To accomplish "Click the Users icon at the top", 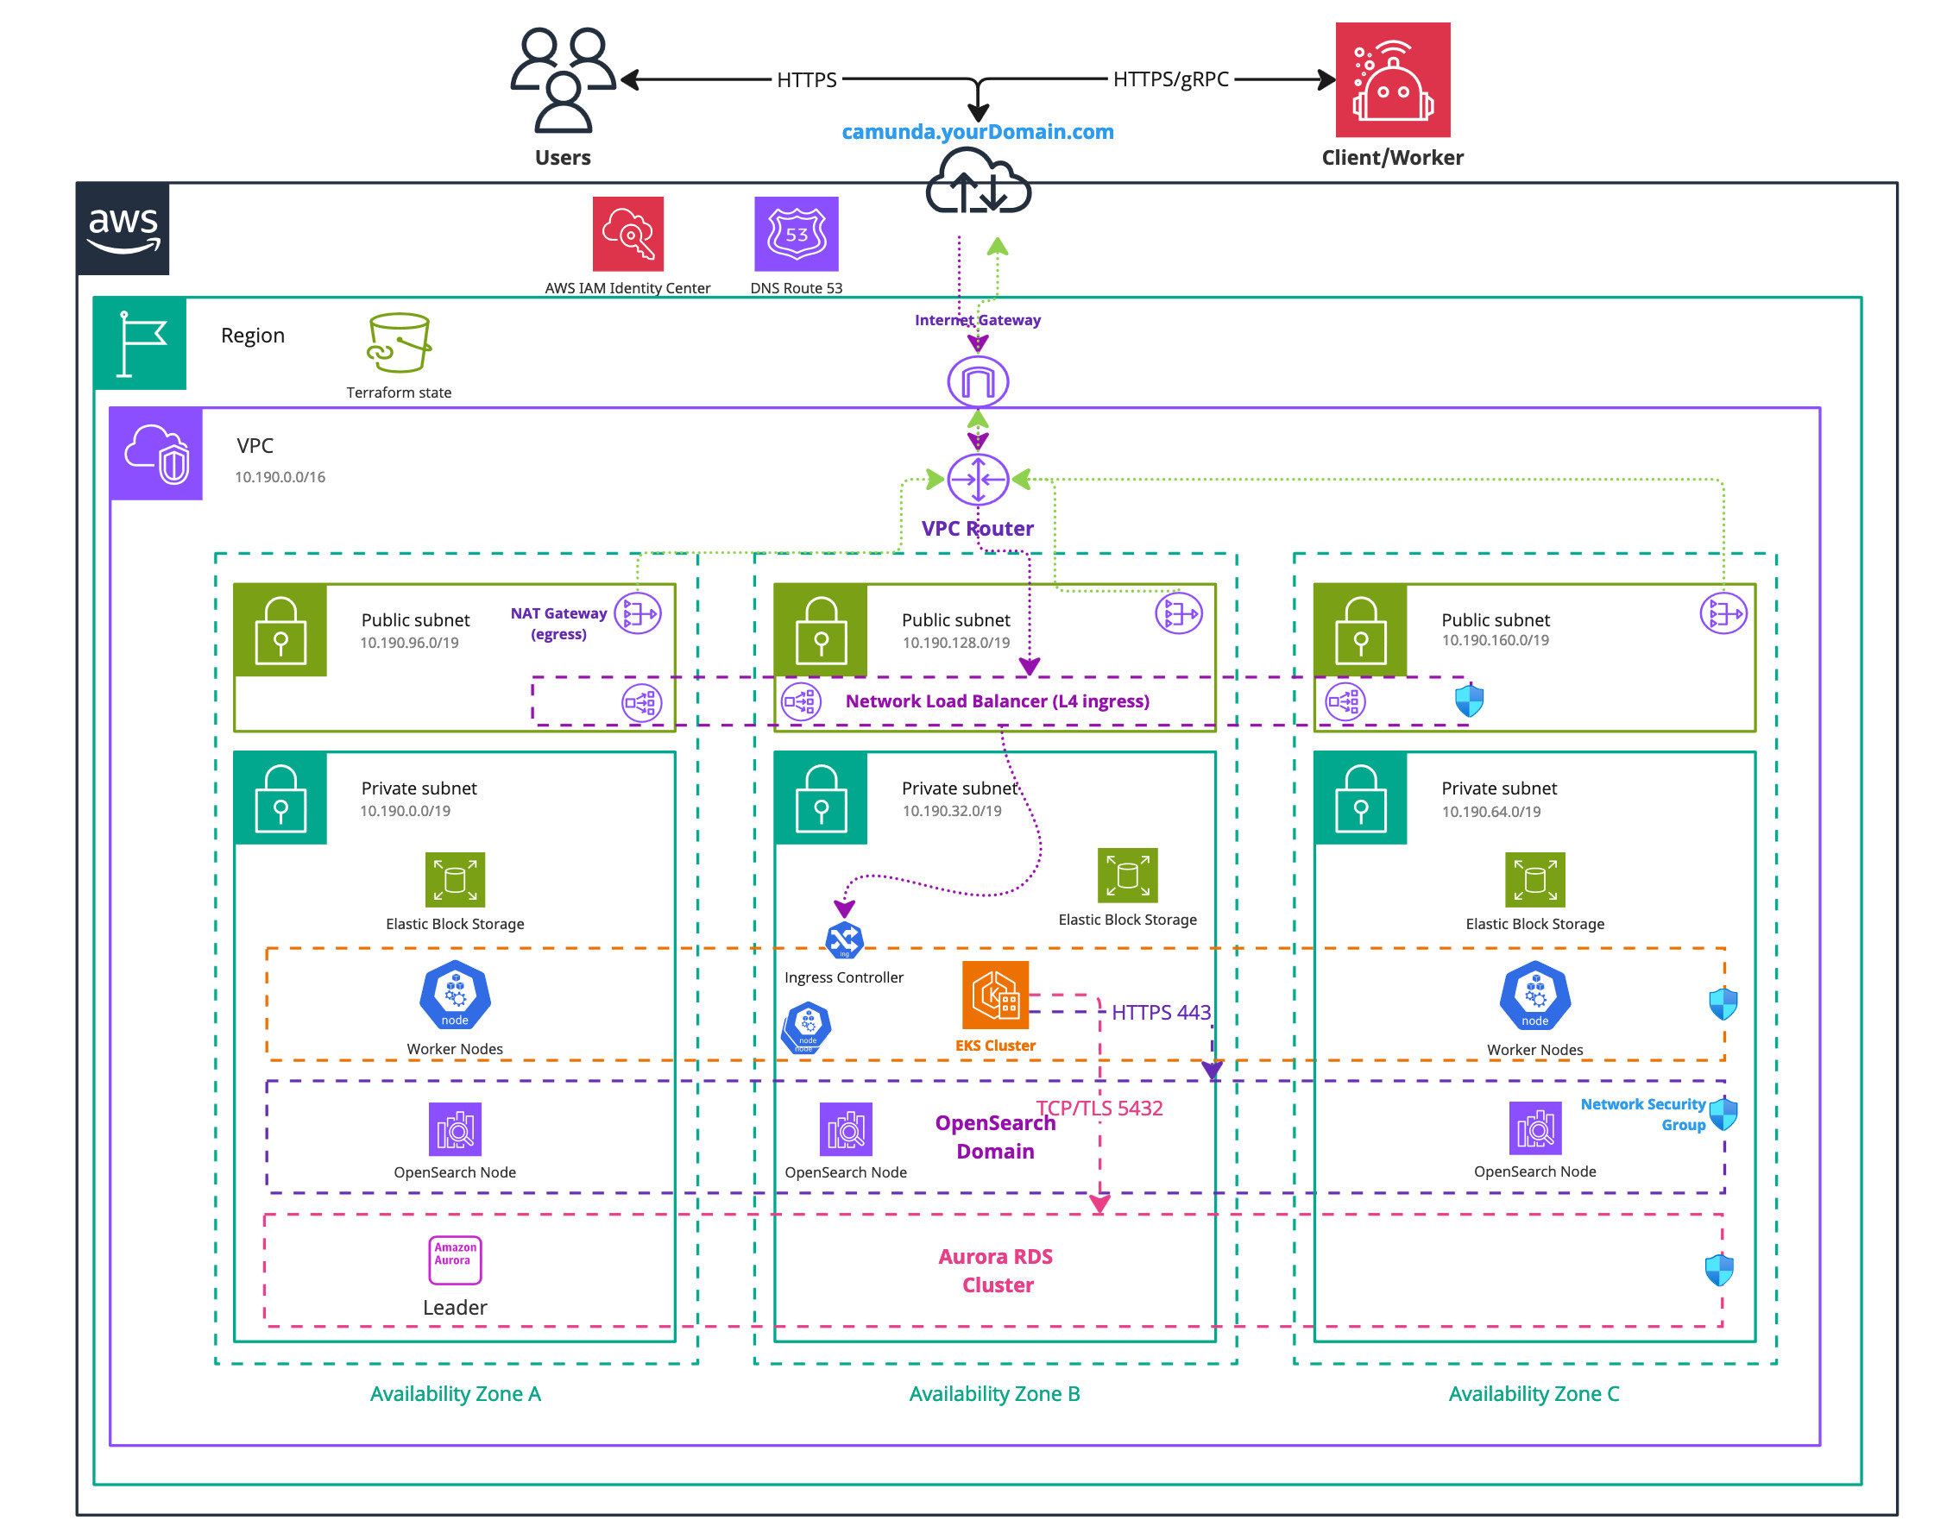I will point(563,81).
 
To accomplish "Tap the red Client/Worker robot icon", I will point(1392,80).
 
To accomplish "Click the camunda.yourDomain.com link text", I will point(977,132).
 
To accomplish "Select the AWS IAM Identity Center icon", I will point(628,234).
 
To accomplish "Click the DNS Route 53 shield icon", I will point(796,234).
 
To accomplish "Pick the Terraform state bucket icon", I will point(400,342).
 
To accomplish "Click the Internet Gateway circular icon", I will point(978,382).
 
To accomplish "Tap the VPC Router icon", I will point(978,479).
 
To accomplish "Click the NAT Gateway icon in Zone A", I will point(638,613).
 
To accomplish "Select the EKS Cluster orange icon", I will point(995,995).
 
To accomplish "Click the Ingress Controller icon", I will point(844,941).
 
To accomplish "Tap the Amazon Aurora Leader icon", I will point(455,1259).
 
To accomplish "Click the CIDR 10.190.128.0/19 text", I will point(955,643).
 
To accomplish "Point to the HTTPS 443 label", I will point(1161,1013).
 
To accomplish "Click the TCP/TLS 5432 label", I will point(1099,1109).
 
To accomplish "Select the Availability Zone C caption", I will point(1533,1394).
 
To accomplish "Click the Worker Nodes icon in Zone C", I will point(1534,996).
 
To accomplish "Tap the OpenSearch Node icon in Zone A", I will point(455,1129).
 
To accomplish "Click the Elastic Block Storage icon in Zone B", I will point(1128,876).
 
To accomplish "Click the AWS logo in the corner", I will point(123,229).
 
